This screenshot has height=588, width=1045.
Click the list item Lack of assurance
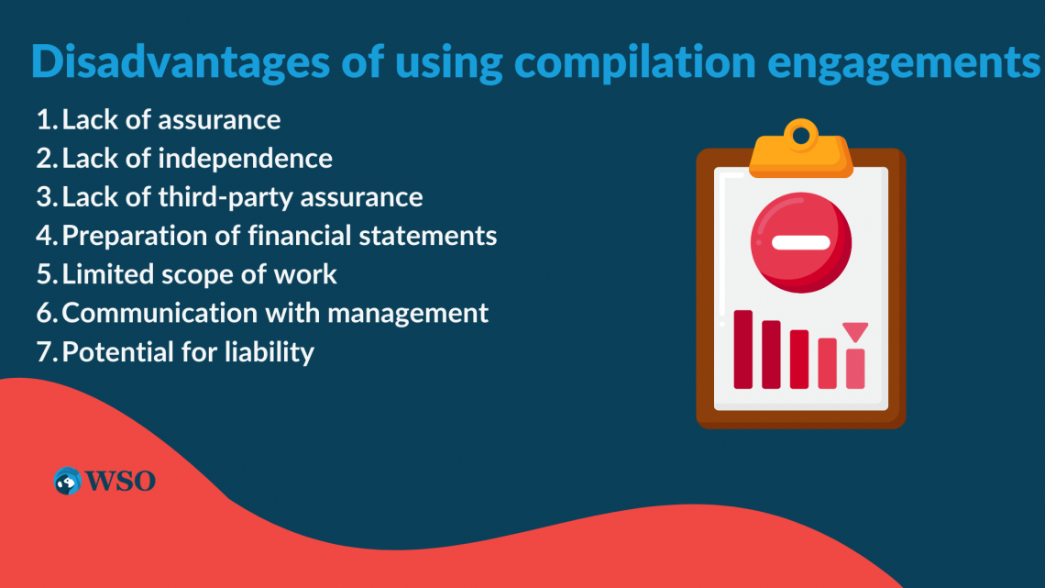pos(171,119)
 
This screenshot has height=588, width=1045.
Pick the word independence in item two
pos(245,158)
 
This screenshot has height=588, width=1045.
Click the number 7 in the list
pos(44,351)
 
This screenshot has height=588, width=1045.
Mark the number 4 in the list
pos(45,236)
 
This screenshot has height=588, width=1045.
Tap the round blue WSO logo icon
pos(68,481)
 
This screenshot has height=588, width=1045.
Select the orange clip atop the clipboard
pos(801,151)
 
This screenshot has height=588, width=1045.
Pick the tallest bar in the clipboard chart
pos(742,349)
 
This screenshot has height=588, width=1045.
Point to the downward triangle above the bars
pos(855,331)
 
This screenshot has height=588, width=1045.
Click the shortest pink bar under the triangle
pos(855,368)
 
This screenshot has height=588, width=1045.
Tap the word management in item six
pos(408,313)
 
